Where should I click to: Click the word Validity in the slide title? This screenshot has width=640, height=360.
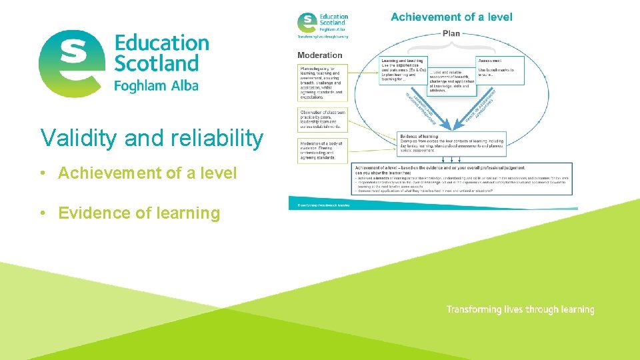point(79,138)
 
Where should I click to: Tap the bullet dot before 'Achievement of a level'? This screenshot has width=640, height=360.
point(42,173)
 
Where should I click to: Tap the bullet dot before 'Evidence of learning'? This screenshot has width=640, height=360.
point(42,213)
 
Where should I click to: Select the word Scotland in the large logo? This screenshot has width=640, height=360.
point(157,64)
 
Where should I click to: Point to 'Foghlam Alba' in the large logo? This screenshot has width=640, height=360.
point(156,86)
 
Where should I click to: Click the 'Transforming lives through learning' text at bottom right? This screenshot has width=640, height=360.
point(520,309)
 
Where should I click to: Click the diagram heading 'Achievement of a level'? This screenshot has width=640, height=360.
point(451,17)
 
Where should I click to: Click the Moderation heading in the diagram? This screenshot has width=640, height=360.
point(320,55)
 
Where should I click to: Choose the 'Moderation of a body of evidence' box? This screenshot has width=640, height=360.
point(321,151)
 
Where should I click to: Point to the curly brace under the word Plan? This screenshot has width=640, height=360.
point(451,44)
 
